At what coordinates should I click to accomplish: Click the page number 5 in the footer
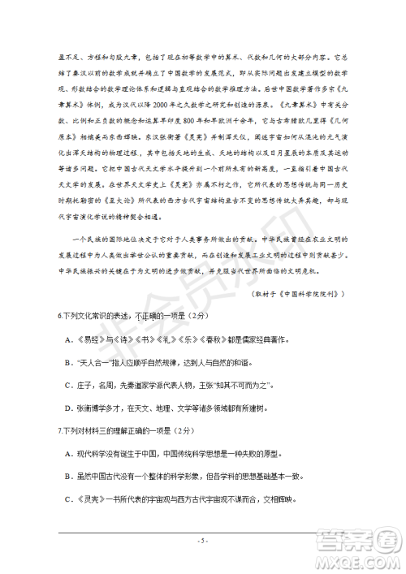(203, 539)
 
